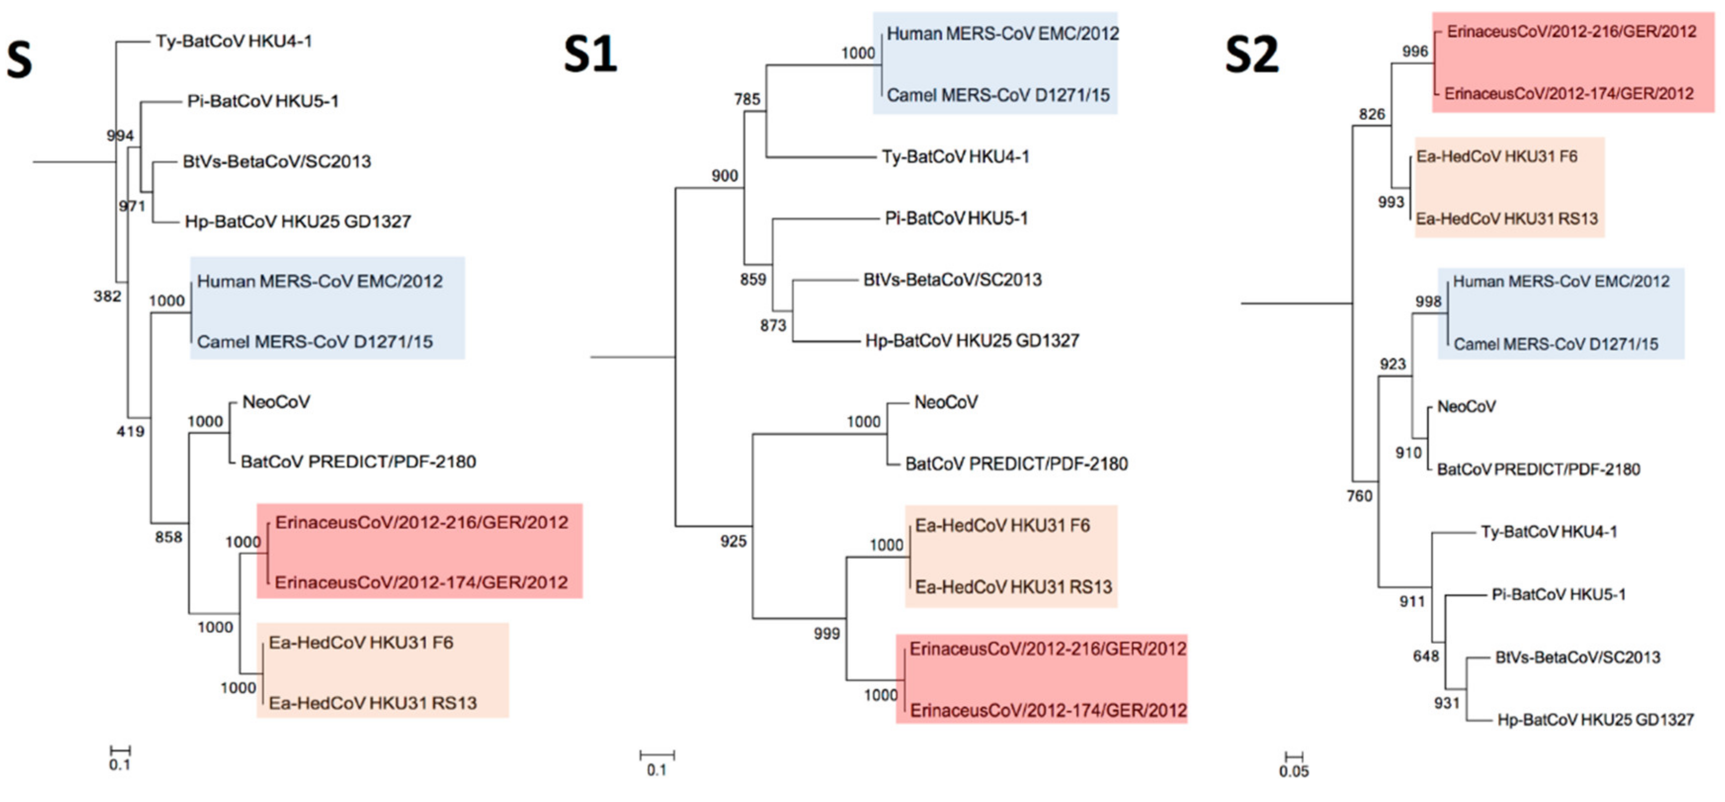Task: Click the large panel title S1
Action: click(589, 55)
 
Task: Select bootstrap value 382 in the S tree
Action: click(107, 296)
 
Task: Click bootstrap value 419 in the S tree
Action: click(130, 431)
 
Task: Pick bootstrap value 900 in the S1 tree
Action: click(725, 176)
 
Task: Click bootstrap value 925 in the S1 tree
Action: click(733, 542)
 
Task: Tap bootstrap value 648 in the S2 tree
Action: click(1426, 656)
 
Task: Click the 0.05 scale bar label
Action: click(1294, 772)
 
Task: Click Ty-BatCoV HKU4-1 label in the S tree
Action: click(234, 42)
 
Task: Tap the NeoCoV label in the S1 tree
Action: click(945, 403)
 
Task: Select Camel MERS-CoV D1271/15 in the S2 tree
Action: click(1556, 344)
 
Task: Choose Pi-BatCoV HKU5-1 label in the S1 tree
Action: click(956, 218)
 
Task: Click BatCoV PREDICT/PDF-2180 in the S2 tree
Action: click(1538, 469)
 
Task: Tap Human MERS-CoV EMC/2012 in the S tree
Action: click(320, 281)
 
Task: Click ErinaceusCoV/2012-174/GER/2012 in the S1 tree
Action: click(1048, 711)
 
